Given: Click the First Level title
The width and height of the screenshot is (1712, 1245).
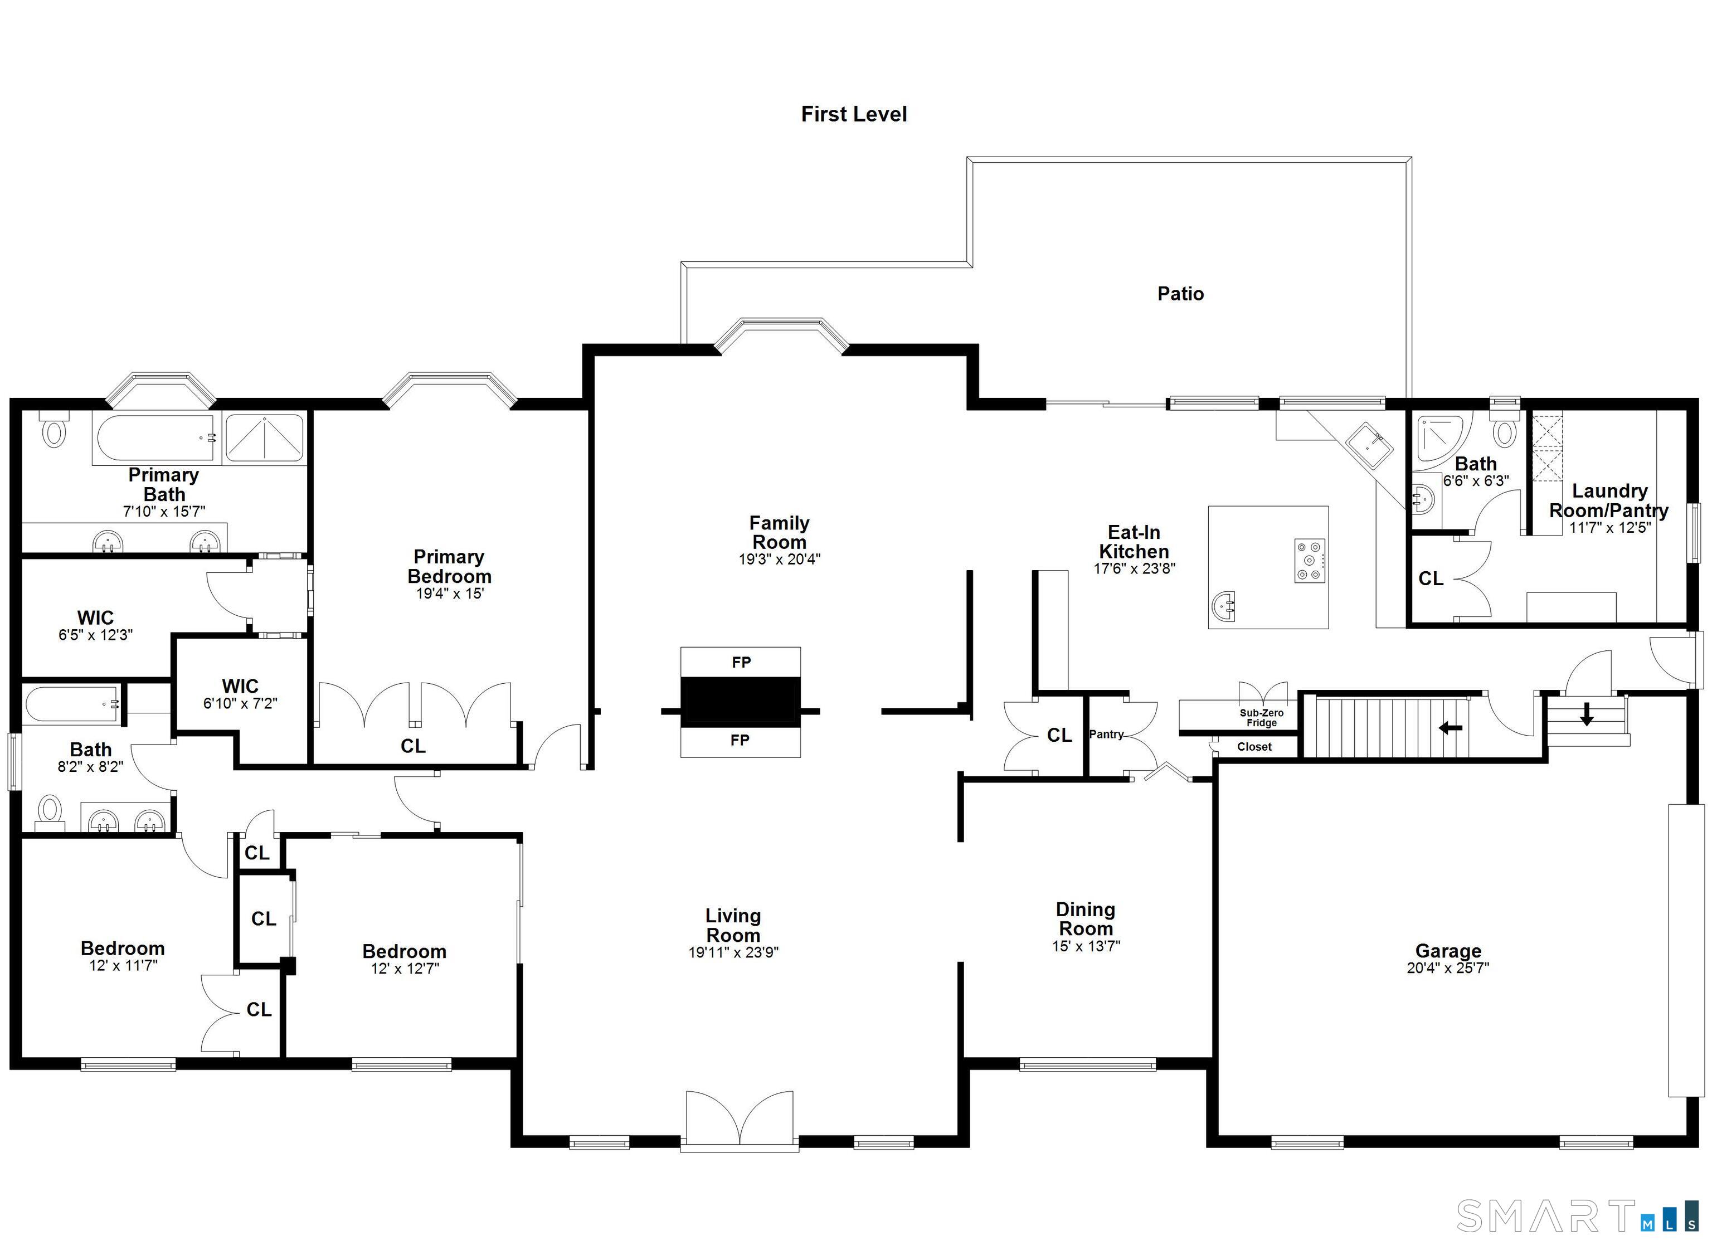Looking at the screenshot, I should (854, 114).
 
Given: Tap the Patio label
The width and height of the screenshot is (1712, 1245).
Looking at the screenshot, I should (1180, 294).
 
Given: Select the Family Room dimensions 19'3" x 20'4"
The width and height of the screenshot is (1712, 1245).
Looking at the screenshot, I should (779, 560).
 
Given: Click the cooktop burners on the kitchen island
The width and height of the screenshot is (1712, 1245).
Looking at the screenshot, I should (1310, 560).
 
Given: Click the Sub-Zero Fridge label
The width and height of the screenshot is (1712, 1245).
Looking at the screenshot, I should (1261, 717).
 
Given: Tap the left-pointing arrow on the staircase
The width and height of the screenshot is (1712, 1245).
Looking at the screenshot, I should (1450, 728).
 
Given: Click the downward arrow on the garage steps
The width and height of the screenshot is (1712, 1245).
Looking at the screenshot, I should (1586, 713).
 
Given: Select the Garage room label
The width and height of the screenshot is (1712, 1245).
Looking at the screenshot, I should (1447, 951).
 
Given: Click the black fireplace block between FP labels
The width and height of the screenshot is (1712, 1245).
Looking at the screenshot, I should (741, 702).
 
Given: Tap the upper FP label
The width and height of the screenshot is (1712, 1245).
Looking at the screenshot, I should (741, 662).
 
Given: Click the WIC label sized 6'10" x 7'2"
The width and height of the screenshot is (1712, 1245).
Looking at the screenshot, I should (240, 685).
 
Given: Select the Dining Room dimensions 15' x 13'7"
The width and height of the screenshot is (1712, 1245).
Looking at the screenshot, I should (1086, 946).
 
